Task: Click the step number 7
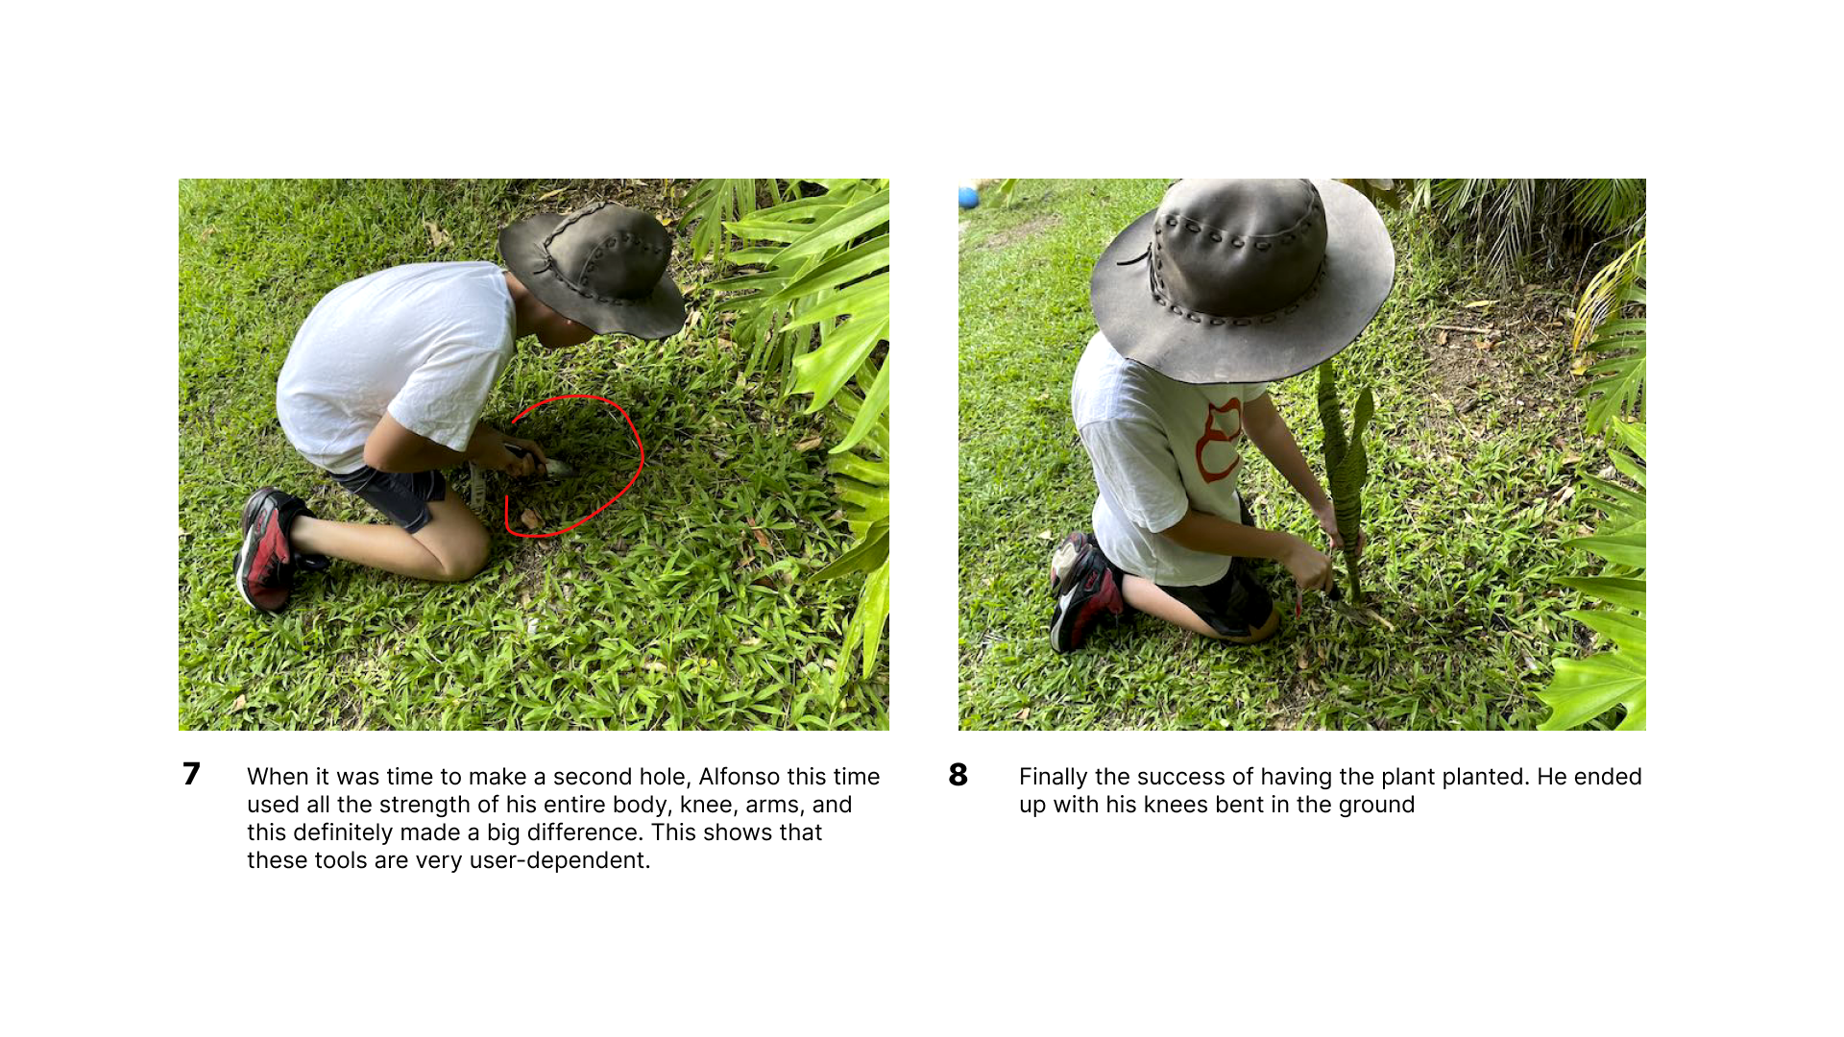pyautogui.click(x=191, y=774)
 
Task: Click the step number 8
pyautogui.click(x=958, y=775)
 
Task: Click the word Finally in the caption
pyautogui.click(x=1054, y=777)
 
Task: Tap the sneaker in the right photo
pyautogui.click(x=1084, y=591)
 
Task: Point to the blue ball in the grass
pyautogui.click(x=968, y=197)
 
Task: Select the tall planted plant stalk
pyautogui.click(x=1344, y=480)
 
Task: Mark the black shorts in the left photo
pyautogui.click(x=392, y=494)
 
